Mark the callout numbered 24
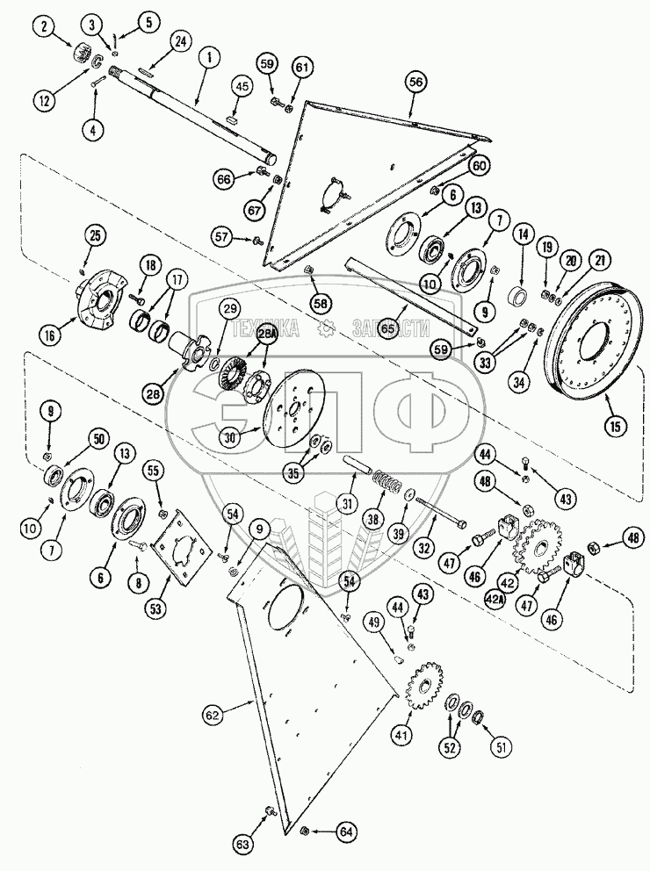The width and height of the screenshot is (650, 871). pos(181,41)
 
